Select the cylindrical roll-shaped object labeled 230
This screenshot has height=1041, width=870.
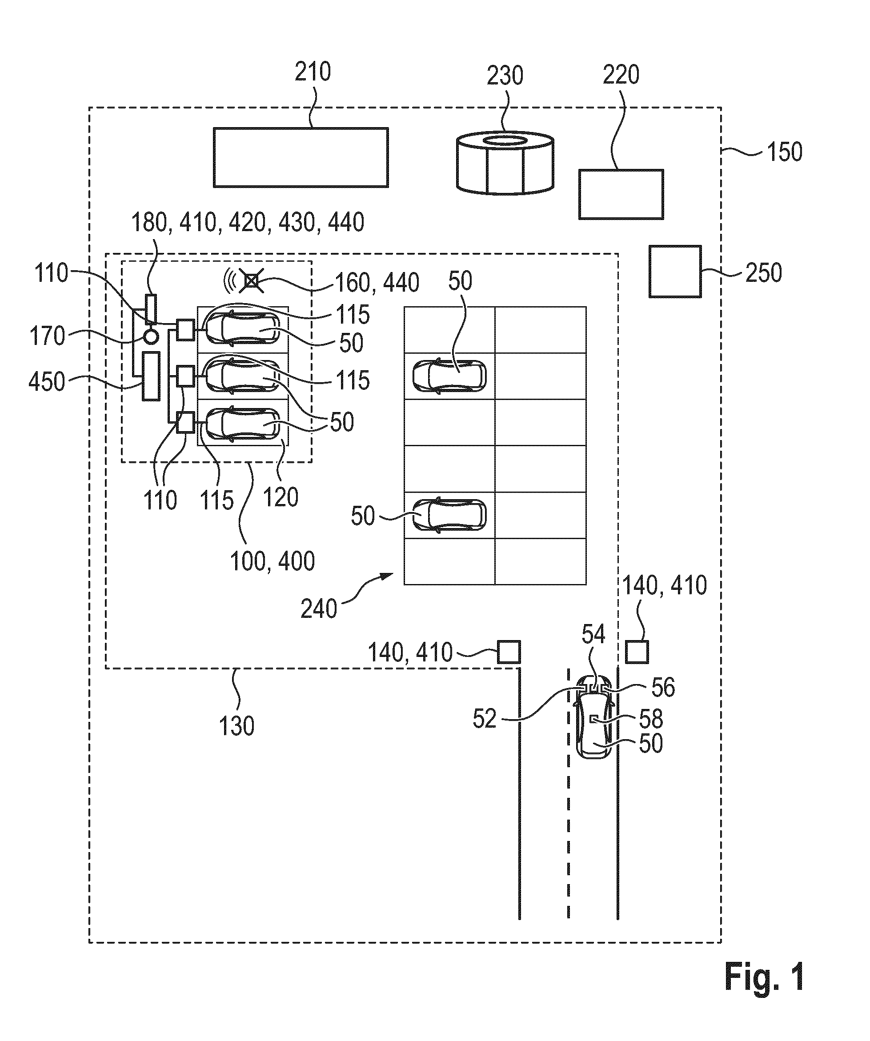tap(505, 162)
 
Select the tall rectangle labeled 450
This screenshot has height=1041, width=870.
tap(151, 376)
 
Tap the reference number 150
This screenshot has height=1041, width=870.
tap(784, 152)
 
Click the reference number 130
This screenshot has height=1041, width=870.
tap(237, 726)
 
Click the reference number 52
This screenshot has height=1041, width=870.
tap(484, 718)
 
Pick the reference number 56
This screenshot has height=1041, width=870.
tap(663, 688)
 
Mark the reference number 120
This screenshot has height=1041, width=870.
tap(281, 497)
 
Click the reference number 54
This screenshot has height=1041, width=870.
tap(593, 635)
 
